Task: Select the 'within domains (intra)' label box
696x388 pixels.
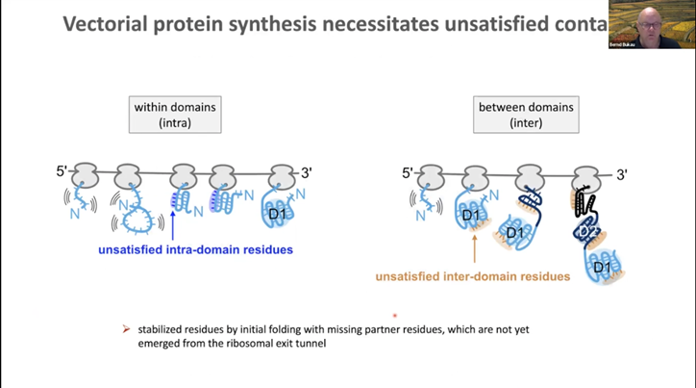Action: point(174,115)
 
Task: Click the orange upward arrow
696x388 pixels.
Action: point(475,246)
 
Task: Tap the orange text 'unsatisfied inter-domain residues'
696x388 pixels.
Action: point(472,276)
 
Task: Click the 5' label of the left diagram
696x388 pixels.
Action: point(63,172)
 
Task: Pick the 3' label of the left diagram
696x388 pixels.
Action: point(306,172)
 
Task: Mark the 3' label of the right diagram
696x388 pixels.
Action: point(621,174)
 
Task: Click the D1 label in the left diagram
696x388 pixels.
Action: point(278,212)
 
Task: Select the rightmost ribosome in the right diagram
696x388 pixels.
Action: point(585,177)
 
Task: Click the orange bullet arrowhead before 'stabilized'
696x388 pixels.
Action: point(126,329)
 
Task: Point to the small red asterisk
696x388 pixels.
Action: point(394,315)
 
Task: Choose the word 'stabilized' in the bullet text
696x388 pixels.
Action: point(162,329)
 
